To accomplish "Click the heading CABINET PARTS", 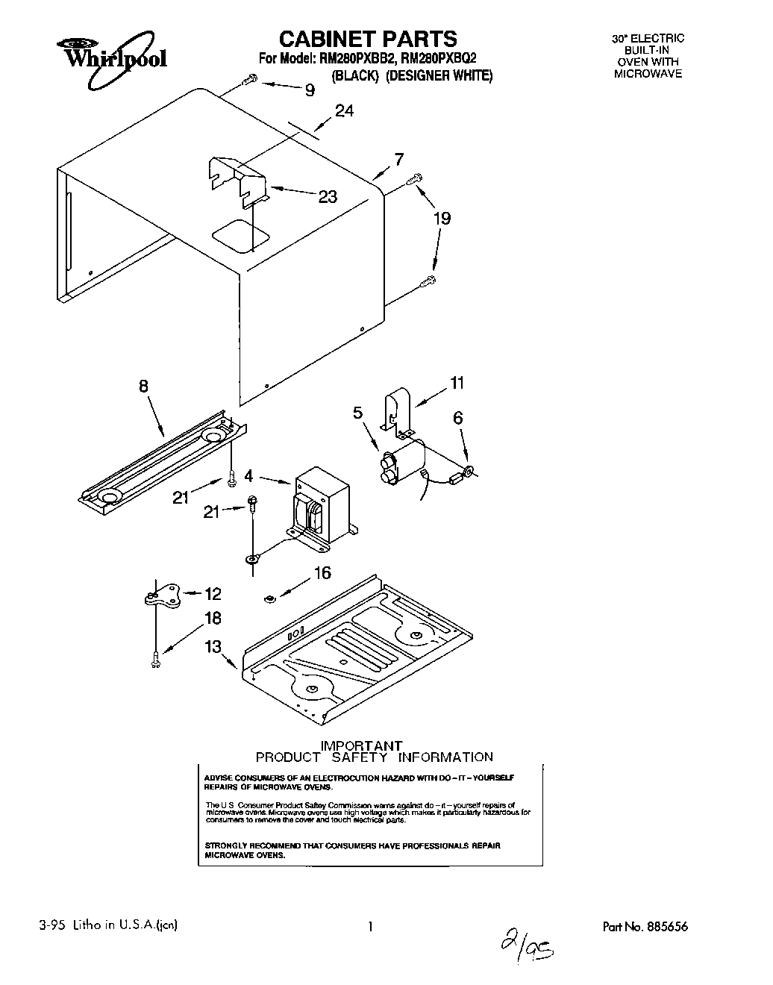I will pos(368,38).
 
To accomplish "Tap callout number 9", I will pos(309,90).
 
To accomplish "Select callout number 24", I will pos(344,110).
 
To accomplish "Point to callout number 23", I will pos(328,197).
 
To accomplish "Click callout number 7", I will pos(399,159).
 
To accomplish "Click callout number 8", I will pos(143,386).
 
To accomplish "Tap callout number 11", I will pos(457,383).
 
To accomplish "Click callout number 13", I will pos(213,646).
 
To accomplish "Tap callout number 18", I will pos(213,619).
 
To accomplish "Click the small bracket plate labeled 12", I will pos(161,595).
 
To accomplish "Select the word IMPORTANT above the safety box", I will pos(361,745).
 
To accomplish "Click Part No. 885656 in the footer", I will pos(645,927).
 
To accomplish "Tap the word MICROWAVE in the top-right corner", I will pos(648,74).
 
